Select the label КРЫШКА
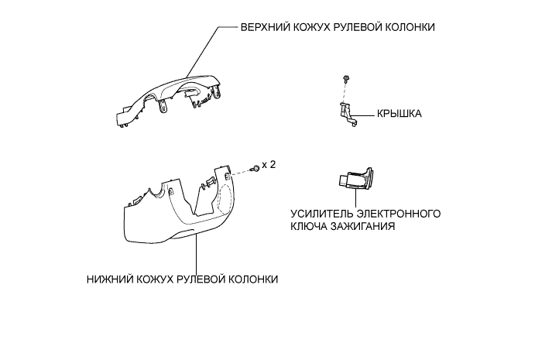(399, 113)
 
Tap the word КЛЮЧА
(310, 228)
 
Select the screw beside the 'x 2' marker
(254, 169)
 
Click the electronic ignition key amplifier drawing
(354, 180)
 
